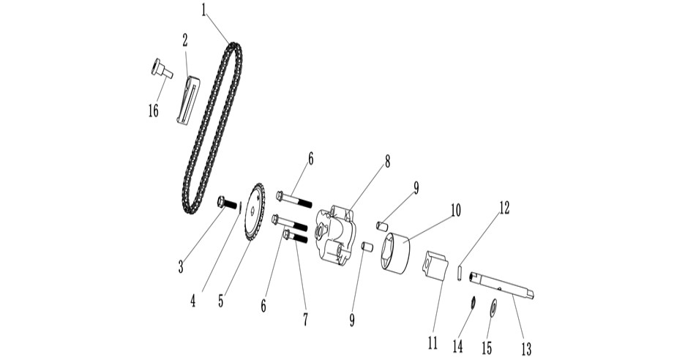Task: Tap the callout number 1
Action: [203, 10]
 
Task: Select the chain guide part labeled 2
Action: [188, 100]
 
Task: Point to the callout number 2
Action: [185, 40]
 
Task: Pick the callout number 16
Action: [154, 111]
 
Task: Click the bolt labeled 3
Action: [227, 203]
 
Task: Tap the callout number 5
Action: [221, 301]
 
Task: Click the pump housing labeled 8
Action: [337, 235]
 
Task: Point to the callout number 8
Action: [387, 162]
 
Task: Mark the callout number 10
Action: [456, 211]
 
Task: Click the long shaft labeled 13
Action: [502, 285]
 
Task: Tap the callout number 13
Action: [526, 348]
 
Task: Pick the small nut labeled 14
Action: [473, 302]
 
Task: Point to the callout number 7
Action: [305, 319]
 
